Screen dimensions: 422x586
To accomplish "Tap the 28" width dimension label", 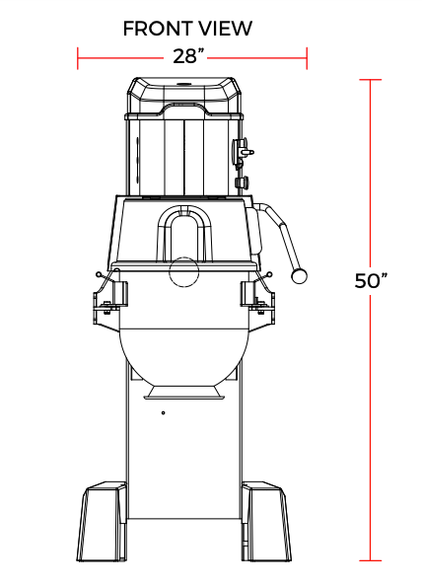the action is point(188,56).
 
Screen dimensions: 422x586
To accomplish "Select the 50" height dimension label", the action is point(371,281).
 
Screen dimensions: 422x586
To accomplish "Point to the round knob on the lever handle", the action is point(299,275).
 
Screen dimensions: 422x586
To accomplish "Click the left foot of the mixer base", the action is point(102,522).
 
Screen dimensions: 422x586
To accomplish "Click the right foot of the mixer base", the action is point(266,522).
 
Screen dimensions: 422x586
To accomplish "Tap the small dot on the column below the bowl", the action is point(164,413).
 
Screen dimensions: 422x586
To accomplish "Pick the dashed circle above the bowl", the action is point(183,272).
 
